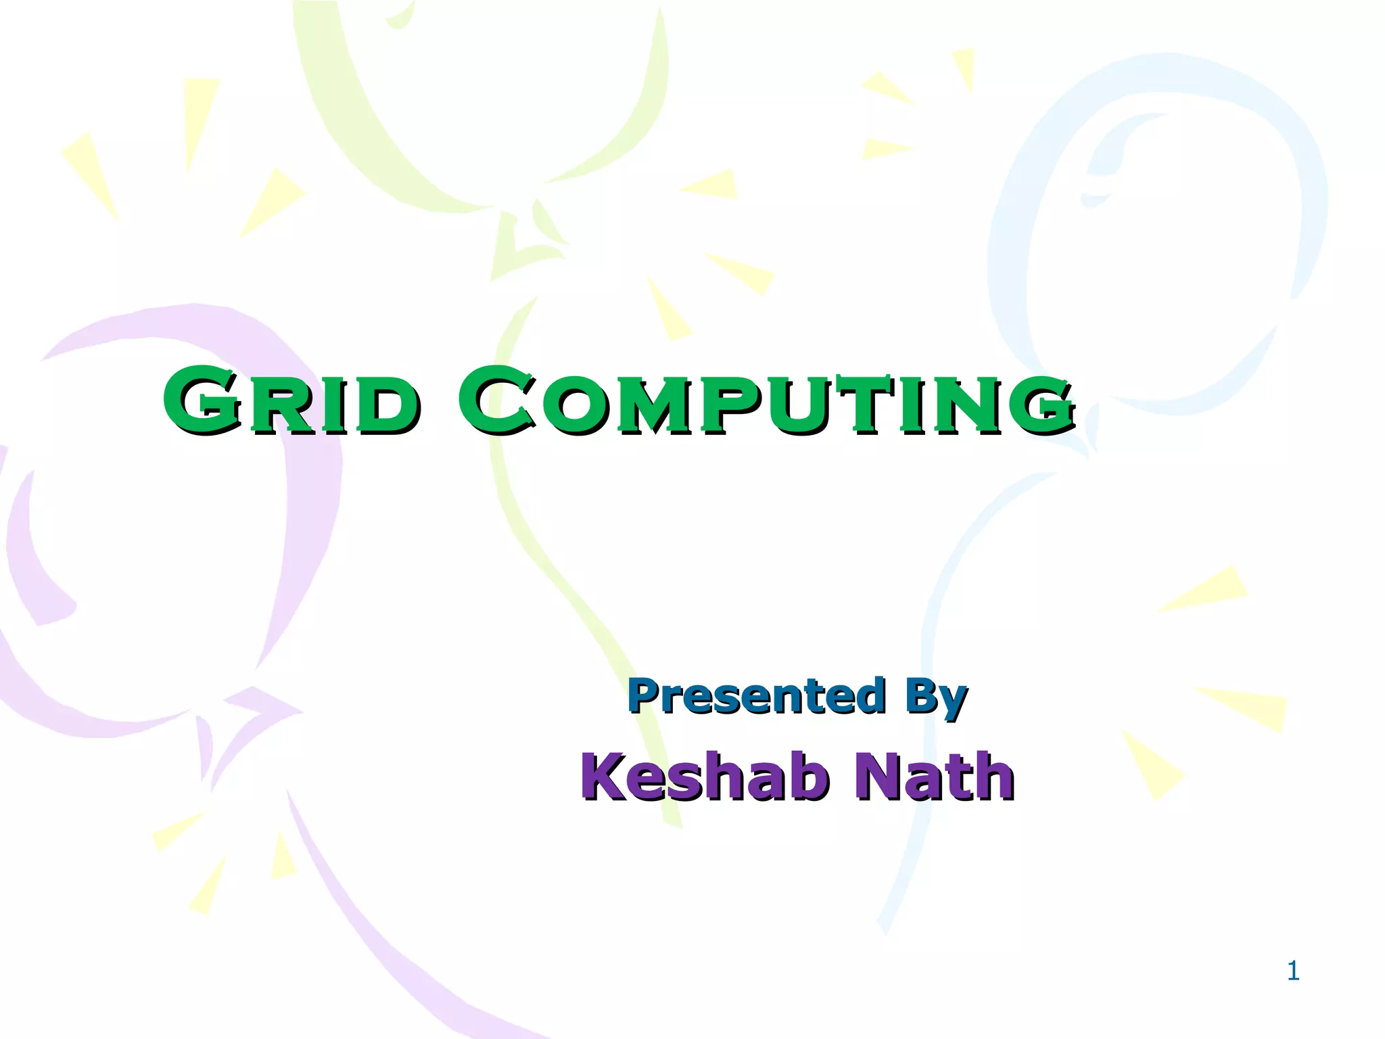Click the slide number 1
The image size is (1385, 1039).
coord(1293,971)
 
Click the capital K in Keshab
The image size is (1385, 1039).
coord(609,777)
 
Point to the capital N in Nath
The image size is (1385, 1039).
coord(879,777)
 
